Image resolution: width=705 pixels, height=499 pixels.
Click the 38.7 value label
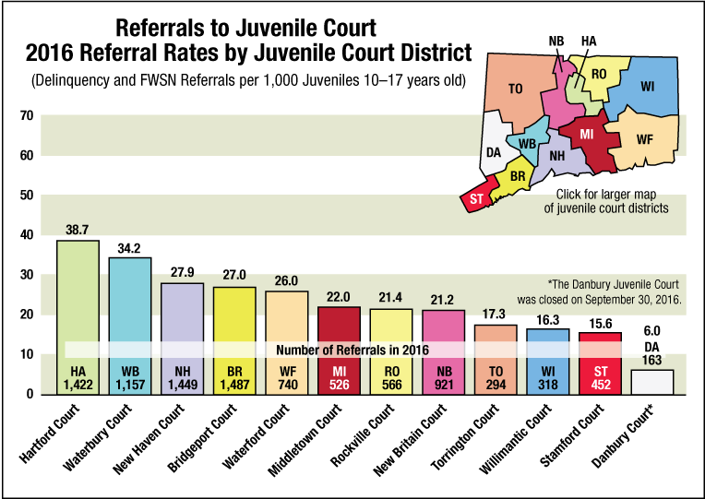tap(78, 228)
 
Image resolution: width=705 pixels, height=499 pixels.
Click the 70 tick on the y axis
tap(25, 116)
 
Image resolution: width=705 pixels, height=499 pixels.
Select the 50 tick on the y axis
tap(25, 196)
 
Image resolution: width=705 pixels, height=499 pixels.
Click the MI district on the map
tap(586, 136)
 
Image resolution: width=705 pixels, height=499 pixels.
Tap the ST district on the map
tap(477, 199)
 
